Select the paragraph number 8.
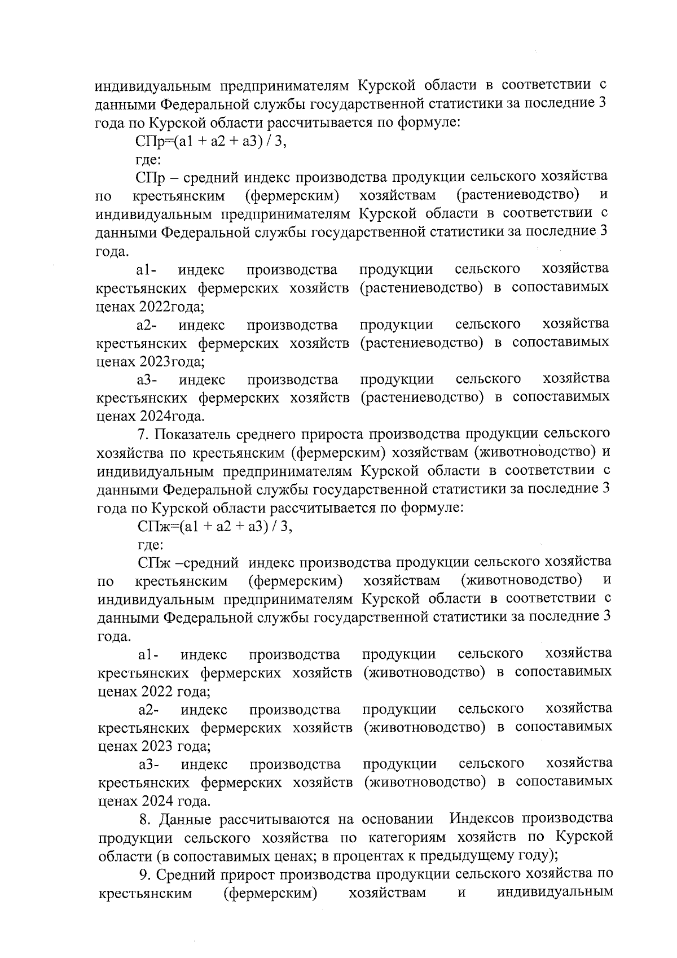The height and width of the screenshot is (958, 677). (144, 819)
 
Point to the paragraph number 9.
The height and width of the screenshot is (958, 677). (144, 874)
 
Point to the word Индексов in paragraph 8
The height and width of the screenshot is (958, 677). (483, 819)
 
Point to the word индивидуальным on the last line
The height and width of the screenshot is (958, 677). (556, 893)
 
